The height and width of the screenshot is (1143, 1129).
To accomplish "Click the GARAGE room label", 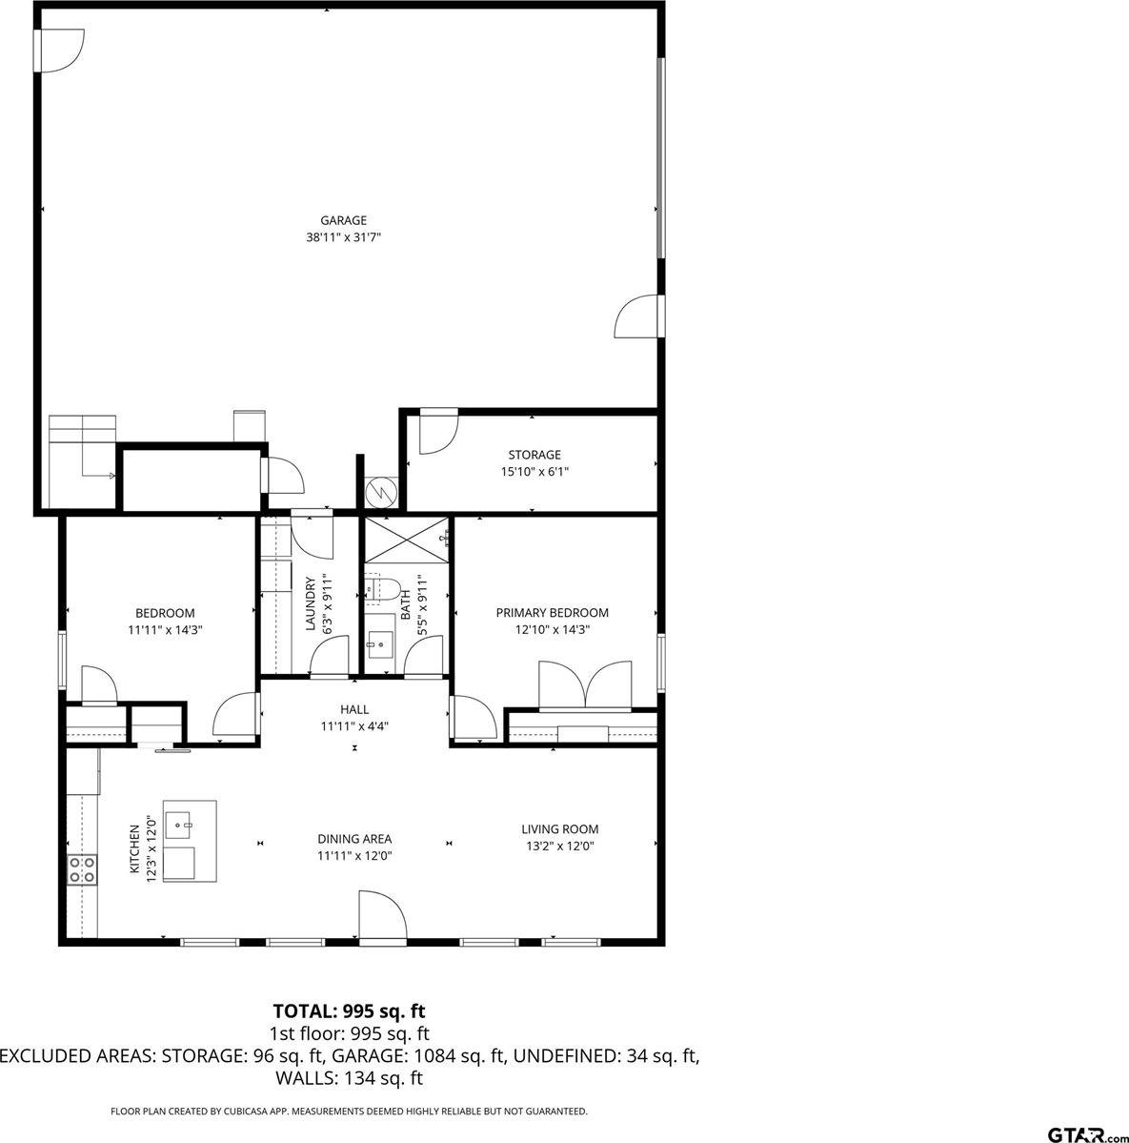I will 343,220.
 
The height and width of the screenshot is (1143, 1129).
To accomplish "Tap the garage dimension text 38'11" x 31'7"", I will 343,237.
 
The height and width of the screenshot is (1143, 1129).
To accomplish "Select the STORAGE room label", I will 534,455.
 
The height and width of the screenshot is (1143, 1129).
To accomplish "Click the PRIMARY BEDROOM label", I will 552,613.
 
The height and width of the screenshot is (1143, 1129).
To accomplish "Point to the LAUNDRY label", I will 310,603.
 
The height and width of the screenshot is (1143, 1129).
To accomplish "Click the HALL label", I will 354,709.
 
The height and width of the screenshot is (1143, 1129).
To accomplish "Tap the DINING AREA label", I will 354,839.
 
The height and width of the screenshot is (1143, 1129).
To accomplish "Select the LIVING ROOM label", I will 559,829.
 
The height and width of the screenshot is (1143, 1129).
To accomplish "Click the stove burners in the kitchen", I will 81,868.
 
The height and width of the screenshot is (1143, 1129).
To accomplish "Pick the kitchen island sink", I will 179,822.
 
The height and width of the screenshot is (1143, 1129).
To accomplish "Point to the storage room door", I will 437,433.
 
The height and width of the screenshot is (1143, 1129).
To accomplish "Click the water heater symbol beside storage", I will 380,493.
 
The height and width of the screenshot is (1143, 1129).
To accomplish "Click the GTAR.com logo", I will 1086,1133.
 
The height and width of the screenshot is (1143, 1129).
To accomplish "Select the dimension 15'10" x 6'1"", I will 534,471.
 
